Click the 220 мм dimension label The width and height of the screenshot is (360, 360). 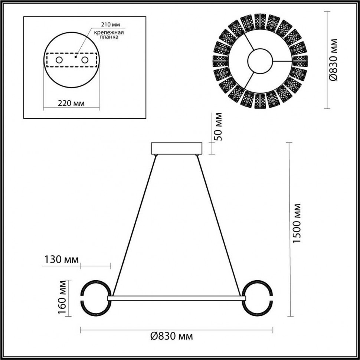click(71, 104)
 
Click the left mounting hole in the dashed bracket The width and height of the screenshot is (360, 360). click(59, 60)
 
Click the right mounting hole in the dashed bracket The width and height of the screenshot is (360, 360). click(85, 60)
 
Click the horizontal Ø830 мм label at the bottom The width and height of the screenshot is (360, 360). click(171, 337)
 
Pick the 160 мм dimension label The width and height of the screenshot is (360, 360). click(62, 298)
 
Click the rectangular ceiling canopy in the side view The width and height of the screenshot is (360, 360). click(176, 148)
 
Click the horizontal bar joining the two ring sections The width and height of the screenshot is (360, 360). click(176, 298)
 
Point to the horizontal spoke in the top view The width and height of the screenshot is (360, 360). click(289, 61)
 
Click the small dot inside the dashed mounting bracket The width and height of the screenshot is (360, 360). click(75, 57)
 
